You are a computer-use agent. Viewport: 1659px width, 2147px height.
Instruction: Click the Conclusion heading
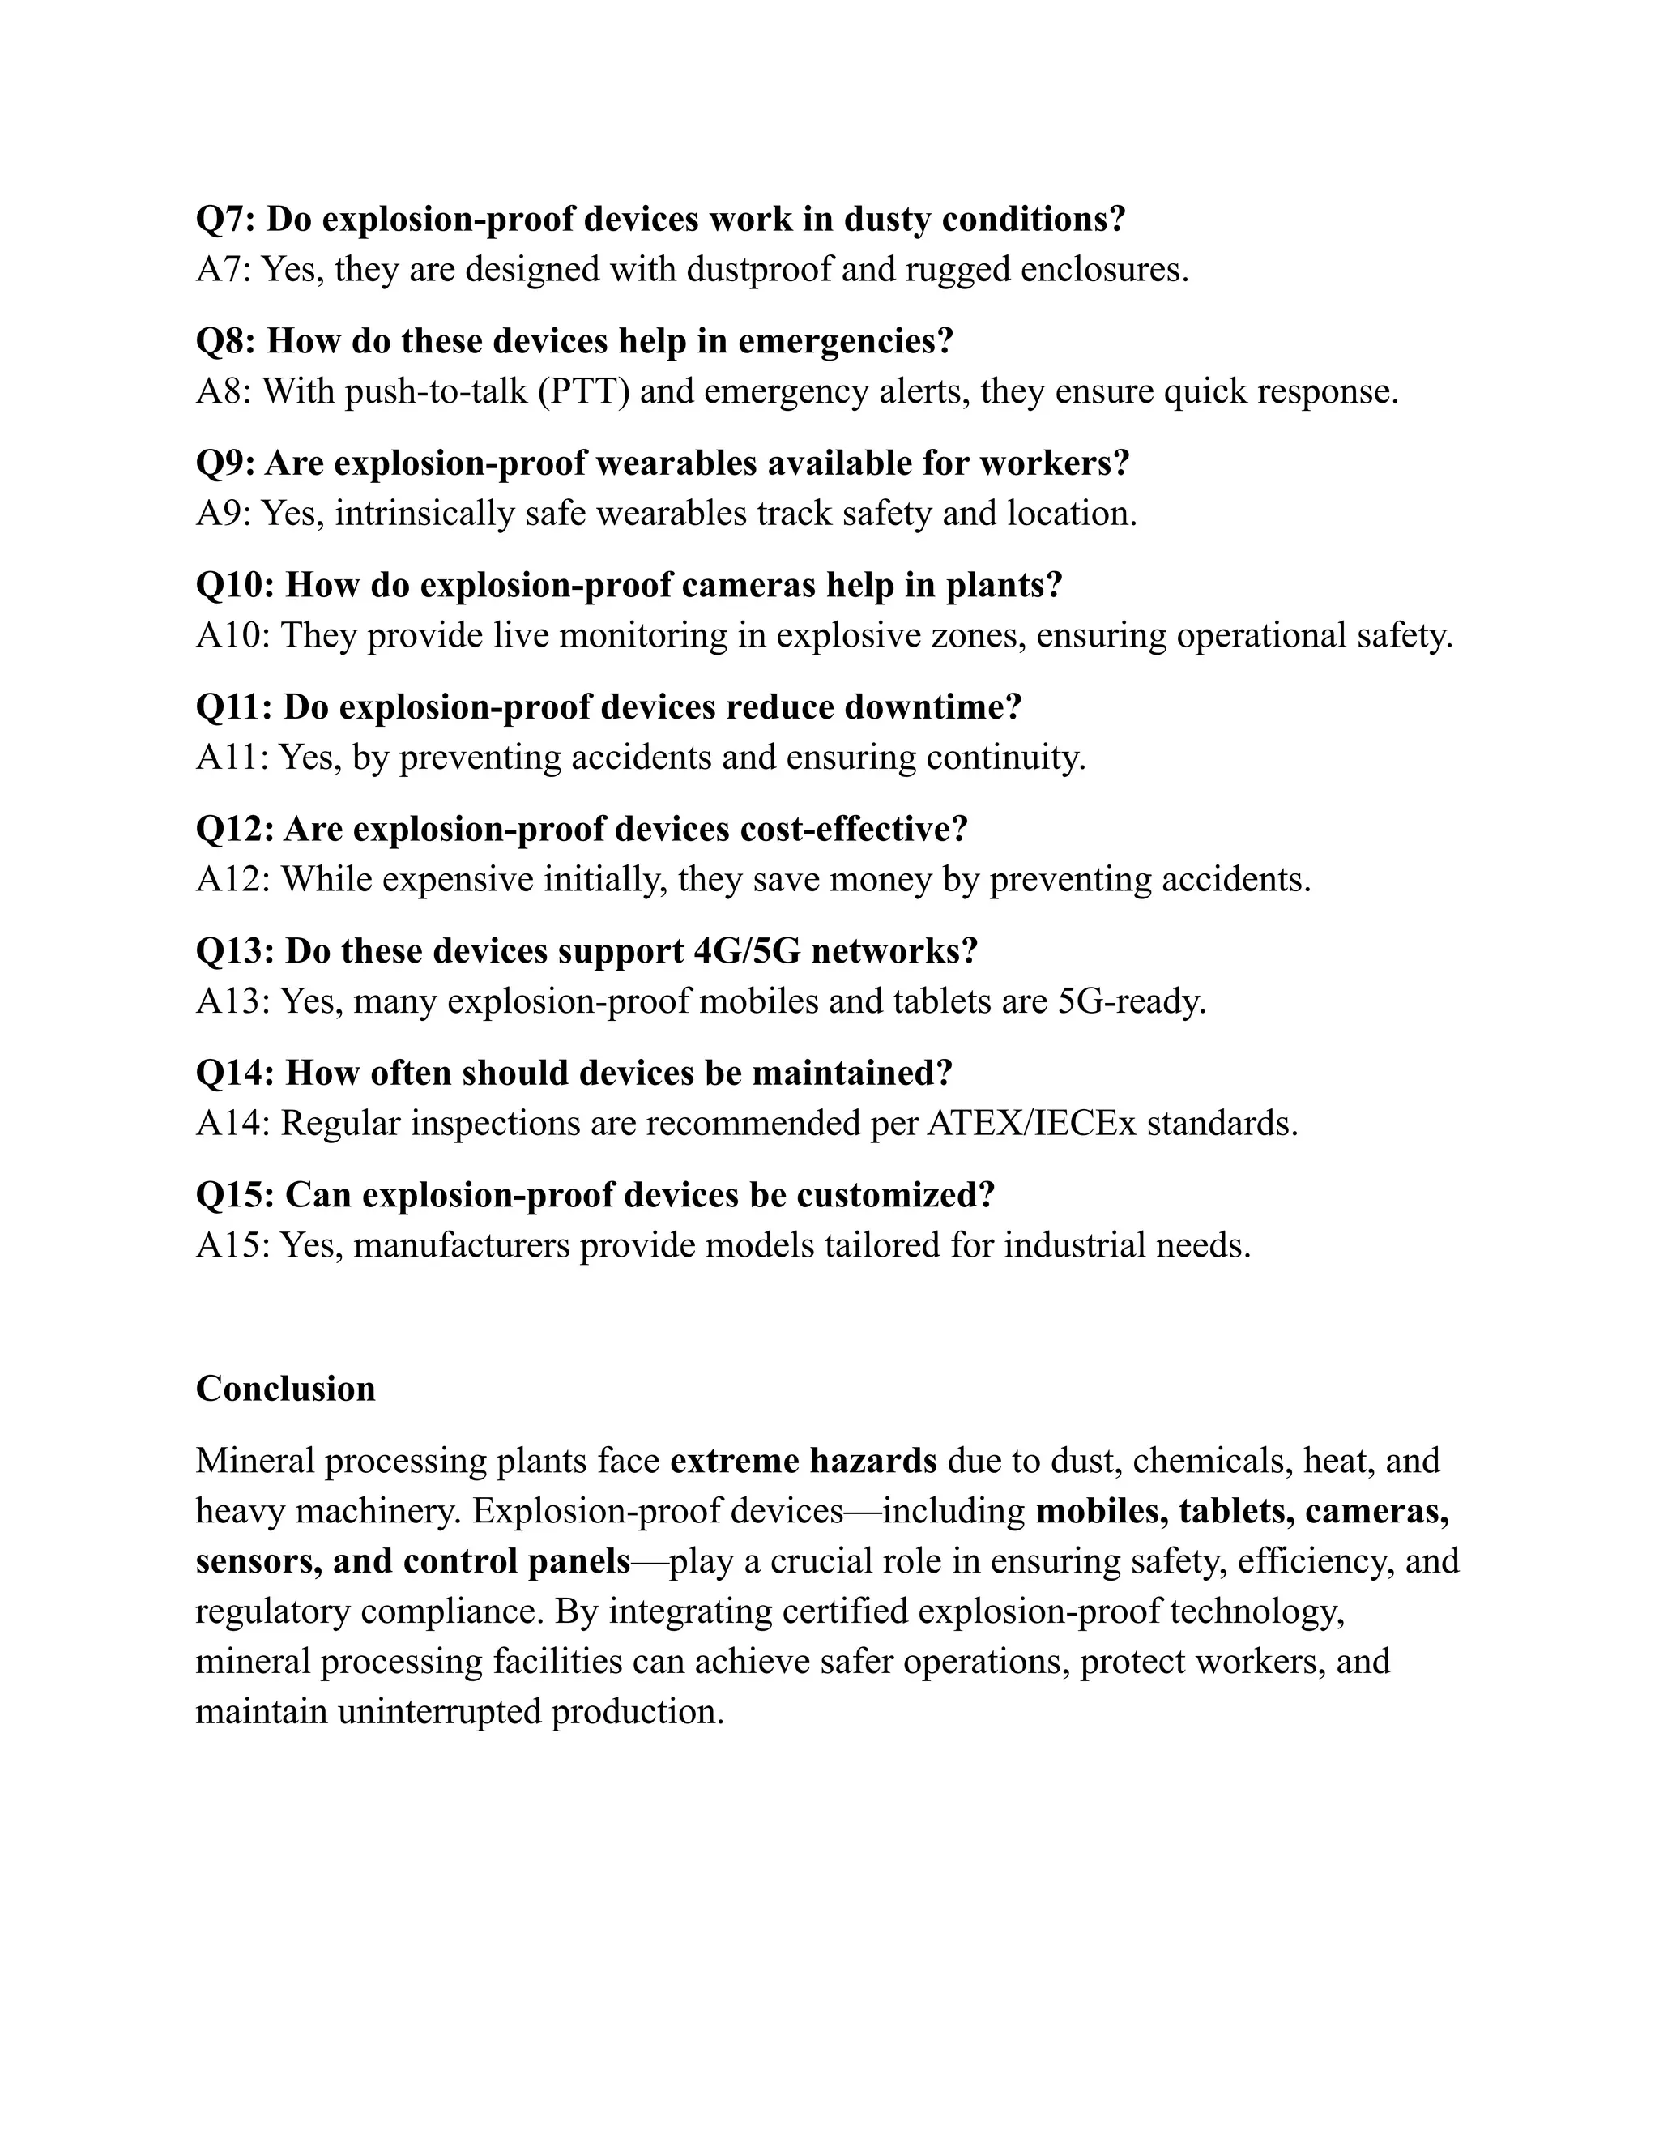(285, 1389)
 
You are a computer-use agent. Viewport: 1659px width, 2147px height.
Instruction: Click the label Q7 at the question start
(224, 220)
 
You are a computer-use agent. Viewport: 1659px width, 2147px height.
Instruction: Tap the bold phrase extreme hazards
(803, 1461)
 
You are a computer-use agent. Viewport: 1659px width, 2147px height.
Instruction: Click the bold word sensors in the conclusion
(258, 1561)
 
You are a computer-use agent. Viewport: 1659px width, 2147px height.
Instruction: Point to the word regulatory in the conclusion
(272, 1611)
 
